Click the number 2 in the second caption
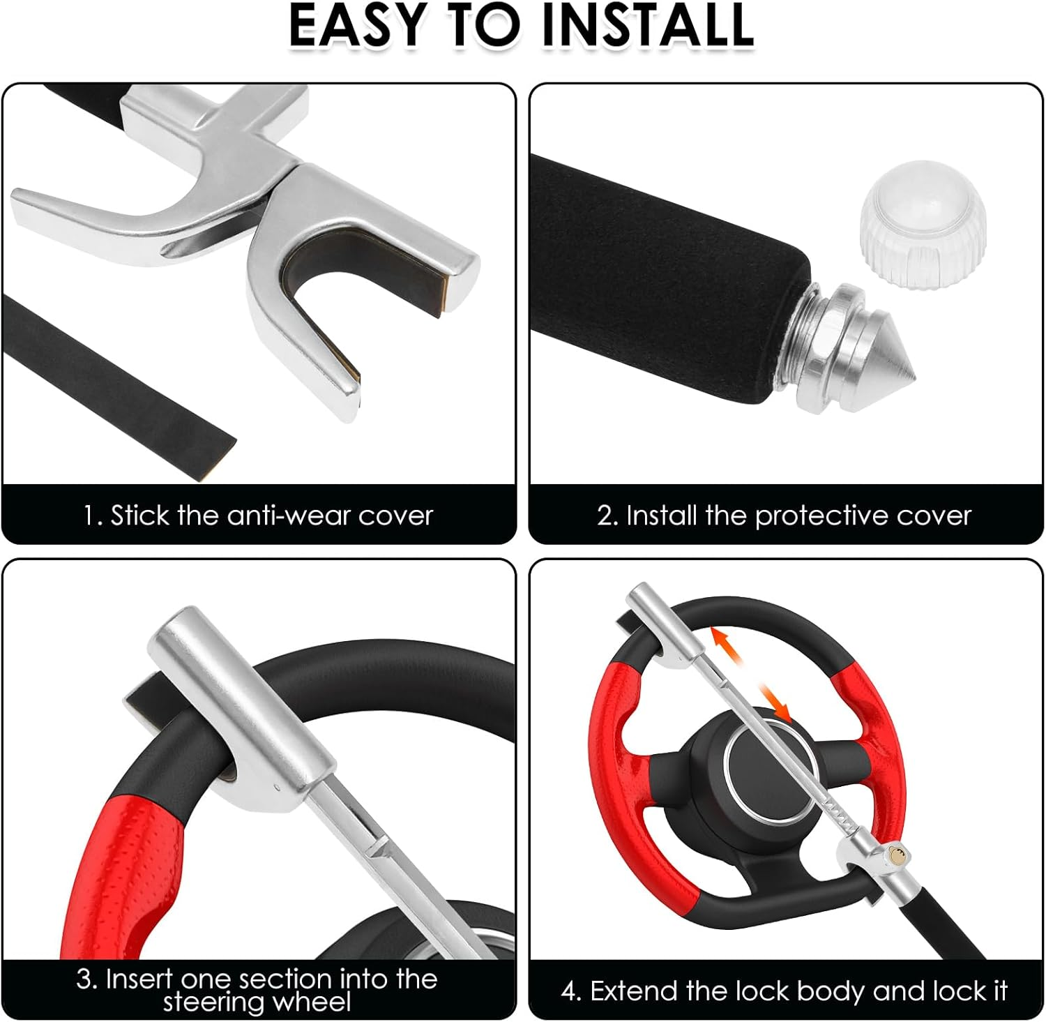click(x=604, y=516)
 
